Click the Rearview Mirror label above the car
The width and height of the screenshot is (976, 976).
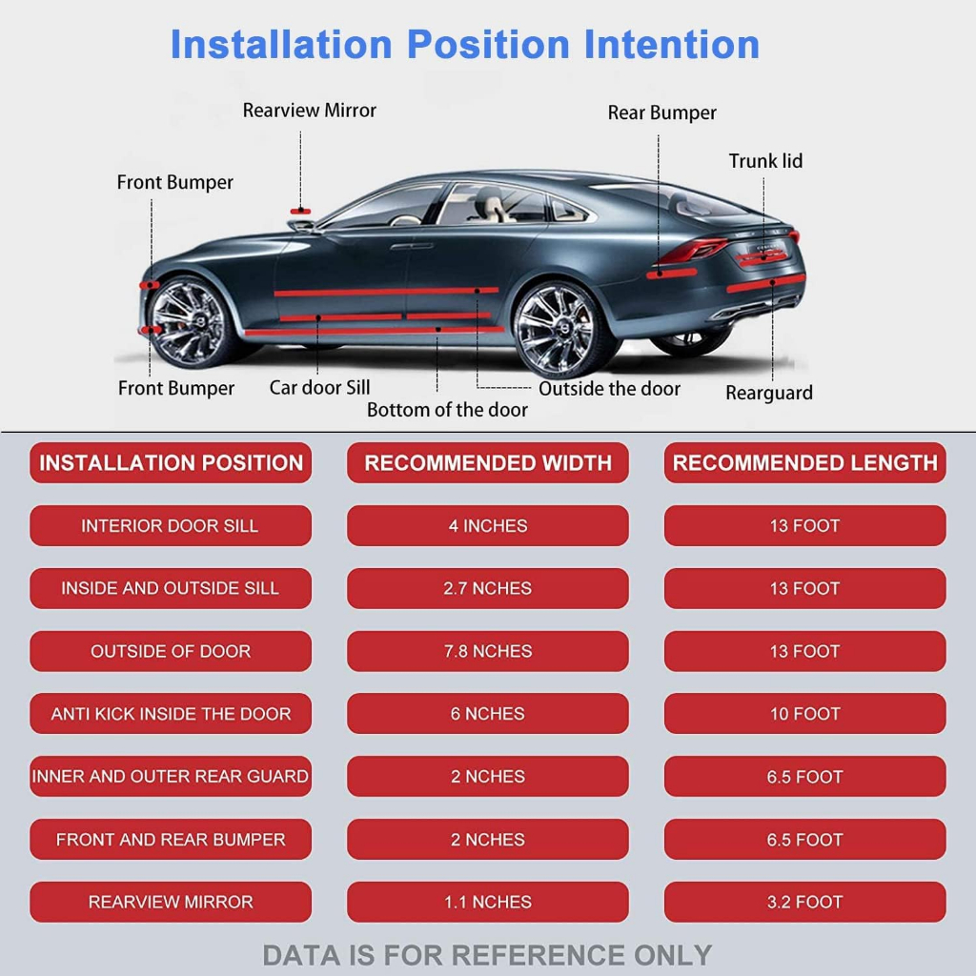309,111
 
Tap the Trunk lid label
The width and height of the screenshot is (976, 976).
765,161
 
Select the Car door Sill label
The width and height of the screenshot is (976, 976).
319,388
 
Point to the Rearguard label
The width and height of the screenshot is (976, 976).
768,393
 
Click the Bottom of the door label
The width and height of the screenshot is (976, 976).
447,410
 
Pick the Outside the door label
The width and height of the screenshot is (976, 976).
609,389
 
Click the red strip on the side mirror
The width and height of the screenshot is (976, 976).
302,211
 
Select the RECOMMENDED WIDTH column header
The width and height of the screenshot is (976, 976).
487,463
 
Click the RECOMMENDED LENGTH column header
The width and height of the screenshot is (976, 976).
804,463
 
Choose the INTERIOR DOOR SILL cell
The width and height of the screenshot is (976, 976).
170,526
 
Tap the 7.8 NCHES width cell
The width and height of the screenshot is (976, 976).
487,652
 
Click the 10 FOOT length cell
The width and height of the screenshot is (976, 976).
804,714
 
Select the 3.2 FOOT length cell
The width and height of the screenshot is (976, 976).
804,902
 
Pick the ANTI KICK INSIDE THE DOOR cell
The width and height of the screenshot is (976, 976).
170,714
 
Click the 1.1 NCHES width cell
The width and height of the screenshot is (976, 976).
487,902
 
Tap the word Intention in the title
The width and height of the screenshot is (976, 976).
671,45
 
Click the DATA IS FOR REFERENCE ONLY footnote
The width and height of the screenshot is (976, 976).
487,954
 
